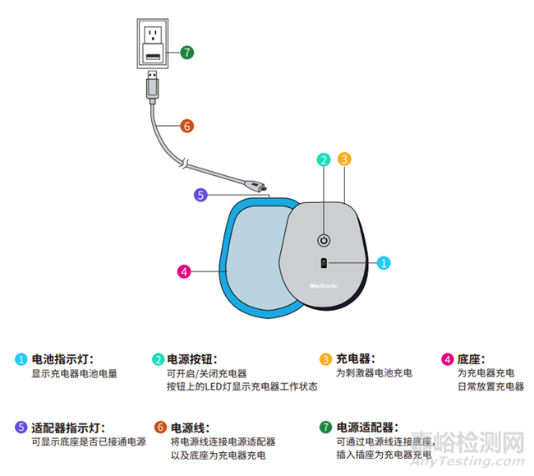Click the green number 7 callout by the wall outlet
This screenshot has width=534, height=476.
tap(187, 51)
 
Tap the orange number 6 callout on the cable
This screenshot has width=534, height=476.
tap(186, 126)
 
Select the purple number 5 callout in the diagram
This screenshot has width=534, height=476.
tap(200, 195)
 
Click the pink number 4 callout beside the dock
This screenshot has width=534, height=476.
tap(184, 270)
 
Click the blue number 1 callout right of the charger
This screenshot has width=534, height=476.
tap(384, 263)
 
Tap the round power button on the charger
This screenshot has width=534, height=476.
tap(324, 241)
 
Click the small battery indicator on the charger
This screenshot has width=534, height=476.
tap(324, 263)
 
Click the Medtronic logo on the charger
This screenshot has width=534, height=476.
tap(324, 285)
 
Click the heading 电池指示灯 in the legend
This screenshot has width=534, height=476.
tap(62, 359)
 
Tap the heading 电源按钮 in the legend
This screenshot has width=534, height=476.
tap(192, 359)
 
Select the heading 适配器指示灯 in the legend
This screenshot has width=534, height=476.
tap(67, 427)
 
